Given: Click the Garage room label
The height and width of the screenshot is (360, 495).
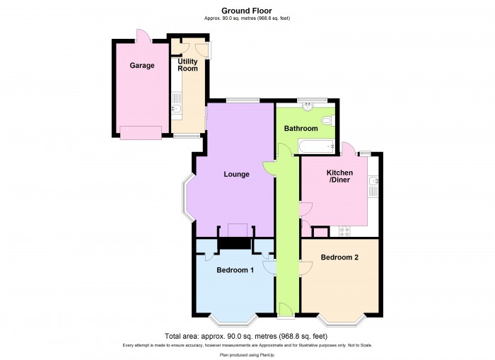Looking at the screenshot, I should [x=141, y=66].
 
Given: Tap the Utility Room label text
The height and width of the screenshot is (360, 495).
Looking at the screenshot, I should [x=187, y=65].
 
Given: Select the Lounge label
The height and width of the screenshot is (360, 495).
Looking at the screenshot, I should [x=236, y=174].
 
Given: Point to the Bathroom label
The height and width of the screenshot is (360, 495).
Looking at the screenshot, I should [x=301, y=129].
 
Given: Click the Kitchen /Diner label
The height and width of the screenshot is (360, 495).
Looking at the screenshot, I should [x=339, y=177].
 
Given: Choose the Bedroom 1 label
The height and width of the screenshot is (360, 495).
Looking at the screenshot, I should [x=235, y=270].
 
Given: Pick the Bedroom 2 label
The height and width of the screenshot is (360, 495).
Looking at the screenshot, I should [x=339, y=257].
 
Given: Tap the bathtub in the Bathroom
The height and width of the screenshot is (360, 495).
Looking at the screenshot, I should [x=317, y=147].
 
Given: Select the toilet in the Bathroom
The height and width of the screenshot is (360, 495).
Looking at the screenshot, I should [x=326, y=122].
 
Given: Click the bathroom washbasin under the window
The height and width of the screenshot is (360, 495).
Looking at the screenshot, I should [x=308, y=108].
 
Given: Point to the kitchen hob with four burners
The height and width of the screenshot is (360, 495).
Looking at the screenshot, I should [x=346, y=231].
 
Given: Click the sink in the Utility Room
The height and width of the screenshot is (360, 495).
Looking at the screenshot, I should [x=176, y=109].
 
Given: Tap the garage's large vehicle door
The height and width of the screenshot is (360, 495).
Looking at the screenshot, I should [x=140, y=133].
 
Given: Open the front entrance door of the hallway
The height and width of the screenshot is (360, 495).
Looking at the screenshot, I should [x=286, y=310].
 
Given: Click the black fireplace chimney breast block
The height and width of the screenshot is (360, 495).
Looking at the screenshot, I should [x=234, y=243].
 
